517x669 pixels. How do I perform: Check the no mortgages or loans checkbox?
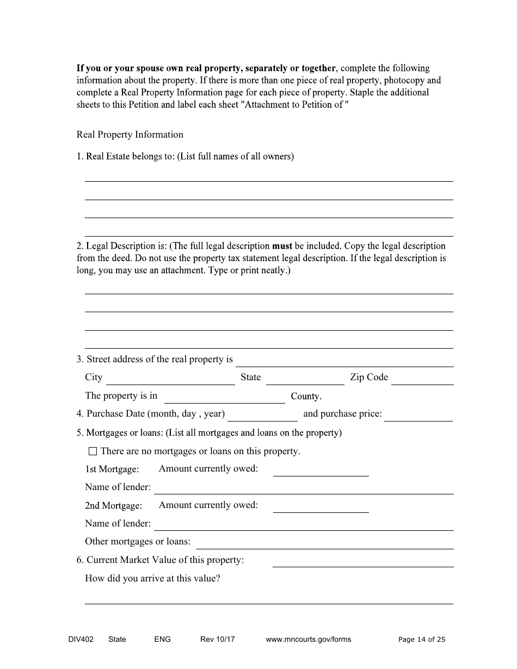(93, 451)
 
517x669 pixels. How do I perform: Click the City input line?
(170, 380)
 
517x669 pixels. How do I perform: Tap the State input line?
(305, 380)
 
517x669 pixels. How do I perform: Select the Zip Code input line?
(422, 380)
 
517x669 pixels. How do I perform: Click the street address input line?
(344, 362)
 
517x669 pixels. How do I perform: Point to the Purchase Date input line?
(262, 416)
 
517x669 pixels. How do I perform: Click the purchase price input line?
(418, 416)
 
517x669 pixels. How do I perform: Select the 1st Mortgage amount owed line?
(321, 471)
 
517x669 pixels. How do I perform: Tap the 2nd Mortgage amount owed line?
(321, 507)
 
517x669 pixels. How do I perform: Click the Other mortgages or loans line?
(325, 543)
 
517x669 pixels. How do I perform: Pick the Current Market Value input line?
(362, 562)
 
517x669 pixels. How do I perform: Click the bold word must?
(282, 246)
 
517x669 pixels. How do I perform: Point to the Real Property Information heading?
(130, 134)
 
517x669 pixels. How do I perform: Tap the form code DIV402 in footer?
(77, 639)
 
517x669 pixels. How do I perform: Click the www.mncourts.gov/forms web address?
(309, 639)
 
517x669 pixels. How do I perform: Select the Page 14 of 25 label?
(422, 639)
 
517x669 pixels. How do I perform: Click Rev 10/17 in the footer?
(217, 639)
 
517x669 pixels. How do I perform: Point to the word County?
(306, 396)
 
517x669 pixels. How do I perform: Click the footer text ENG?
(162, 639)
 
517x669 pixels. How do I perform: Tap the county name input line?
(224, 398)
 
